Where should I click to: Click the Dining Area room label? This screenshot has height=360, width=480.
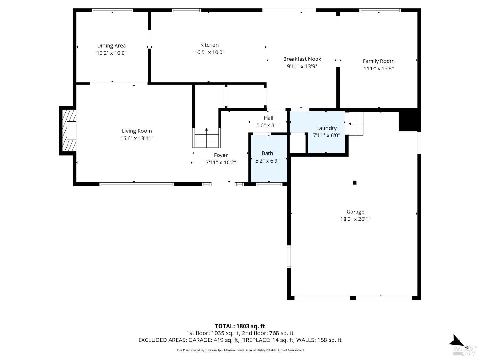point(111,46)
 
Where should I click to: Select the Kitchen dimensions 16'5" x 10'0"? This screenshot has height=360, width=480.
point(209,52)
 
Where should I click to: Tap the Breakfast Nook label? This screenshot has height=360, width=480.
point(302,59)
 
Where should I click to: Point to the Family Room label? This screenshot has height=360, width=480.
point(378,61)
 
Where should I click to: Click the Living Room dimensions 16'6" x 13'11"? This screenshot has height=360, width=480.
point(137,138)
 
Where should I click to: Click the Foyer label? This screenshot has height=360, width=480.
point(221,155)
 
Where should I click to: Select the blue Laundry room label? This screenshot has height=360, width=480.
point(326,128)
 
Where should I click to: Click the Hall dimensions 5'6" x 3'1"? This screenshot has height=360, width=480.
point(268,125)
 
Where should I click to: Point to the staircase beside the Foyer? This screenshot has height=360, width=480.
point(206,138)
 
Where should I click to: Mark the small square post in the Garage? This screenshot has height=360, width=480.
point(355,183)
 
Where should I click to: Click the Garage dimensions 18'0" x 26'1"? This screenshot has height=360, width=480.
point(355,219)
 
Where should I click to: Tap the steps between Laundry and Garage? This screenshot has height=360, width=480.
point(356,124)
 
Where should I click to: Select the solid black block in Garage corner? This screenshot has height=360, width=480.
point(409,120)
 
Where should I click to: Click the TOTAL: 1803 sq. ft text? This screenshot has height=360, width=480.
point(240,326)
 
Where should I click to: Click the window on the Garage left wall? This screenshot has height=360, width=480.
point(289,257)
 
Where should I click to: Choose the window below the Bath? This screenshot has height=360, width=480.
point(269,184)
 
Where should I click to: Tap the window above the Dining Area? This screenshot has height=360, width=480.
point(112,10)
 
